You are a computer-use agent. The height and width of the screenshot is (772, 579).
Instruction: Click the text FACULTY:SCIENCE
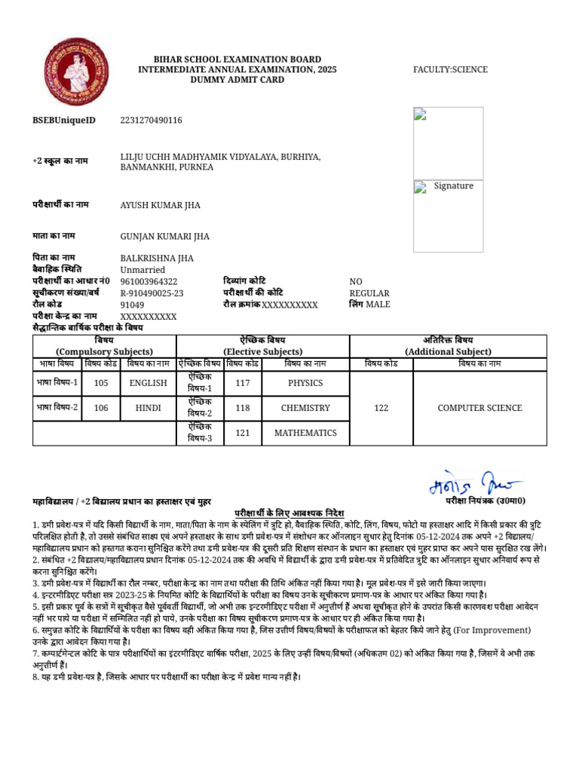point(450,69)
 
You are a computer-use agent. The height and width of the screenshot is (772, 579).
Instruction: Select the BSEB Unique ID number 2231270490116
point(151,121)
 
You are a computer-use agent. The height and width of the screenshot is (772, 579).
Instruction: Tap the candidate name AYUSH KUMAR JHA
point(162,205)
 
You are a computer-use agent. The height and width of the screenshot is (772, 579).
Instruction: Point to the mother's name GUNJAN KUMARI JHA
point(165,236)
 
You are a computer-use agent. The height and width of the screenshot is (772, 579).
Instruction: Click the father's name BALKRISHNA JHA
point(157,258)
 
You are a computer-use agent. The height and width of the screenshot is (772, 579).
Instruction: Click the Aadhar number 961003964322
point(149,281)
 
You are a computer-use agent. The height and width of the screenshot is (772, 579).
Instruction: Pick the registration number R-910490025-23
point(152,293)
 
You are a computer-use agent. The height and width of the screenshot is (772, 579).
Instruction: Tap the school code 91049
point(132,305)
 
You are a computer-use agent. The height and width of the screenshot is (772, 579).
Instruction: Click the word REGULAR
point(369,293)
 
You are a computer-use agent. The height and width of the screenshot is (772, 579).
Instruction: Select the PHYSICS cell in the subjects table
point(305,383)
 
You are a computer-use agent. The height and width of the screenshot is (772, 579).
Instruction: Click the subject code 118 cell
point(242,408)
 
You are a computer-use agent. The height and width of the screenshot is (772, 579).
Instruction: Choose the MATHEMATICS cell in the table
point(305,433)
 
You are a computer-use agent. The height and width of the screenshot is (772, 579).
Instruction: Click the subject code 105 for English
point(101,383)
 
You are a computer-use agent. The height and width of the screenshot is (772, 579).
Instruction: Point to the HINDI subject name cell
point(148,408)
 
